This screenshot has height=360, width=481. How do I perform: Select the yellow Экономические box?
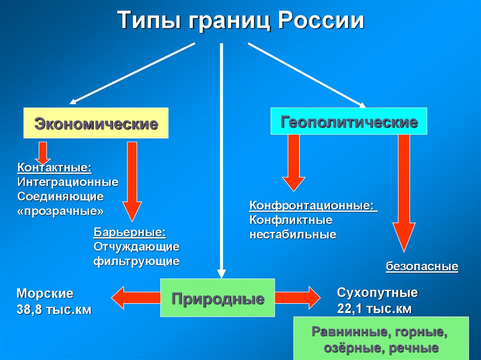pyautogui.click(x=96, y=123)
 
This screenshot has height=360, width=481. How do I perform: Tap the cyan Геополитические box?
pyautogui.click(x=349, y=122)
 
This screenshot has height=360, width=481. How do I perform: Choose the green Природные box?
pyautogui.click(x=217, y=298)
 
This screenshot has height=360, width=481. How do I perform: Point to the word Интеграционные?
pyautogui.click(x=68, y=181)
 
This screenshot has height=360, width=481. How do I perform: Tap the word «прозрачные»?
pyautogui.click(x=61, y=211)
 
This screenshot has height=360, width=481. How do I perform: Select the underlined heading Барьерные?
pyautogui.click(x=130, y=232)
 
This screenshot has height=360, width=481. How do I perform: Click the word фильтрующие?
pyautogui.click(x=136, y=261)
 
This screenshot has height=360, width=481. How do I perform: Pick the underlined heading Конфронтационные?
pyautogui.click(x=313, y=206)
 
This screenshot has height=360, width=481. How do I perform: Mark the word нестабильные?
pyautogui.click(x=293, y=234)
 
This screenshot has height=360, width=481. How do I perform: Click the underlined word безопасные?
pyautogui.click(x=422, y=267)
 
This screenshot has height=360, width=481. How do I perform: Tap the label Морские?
pyautogui.click(x=45, y=294)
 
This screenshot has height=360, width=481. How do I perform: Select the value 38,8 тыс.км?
pyautogui.click(x=54, y=309)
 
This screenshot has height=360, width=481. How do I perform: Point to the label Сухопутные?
pyautogui.click(x=377, y=293)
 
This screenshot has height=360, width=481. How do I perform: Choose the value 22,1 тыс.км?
pyautogui.click(x=374, y=308)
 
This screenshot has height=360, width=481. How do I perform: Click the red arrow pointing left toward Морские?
pyautogui.click(x=135, y=298)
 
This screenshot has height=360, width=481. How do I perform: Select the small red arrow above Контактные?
pyautogui.click(x=43, y=151)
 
